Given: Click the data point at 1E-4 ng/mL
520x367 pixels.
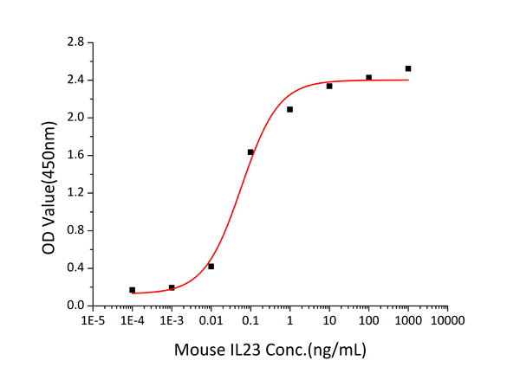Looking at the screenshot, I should click(x=132, y=290).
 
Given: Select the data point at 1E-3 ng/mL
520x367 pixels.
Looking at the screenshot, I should click(x=172, y=287).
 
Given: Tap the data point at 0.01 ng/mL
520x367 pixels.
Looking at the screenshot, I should click(x=211, y=267).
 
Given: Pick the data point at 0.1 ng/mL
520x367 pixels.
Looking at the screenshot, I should click(x=250, y=152).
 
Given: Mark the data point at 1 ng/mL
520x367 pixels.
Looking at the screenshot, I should click(x=289, y=109).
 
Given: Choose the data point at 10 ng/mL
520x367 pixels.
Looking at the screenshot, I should click(x=329, y=86).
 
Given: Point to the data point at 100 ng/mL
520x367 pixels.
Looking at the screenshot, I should click(x=368, y=77).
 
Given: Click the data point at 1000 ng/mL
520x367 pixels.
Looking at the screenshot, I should click(x=408, y=68).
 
